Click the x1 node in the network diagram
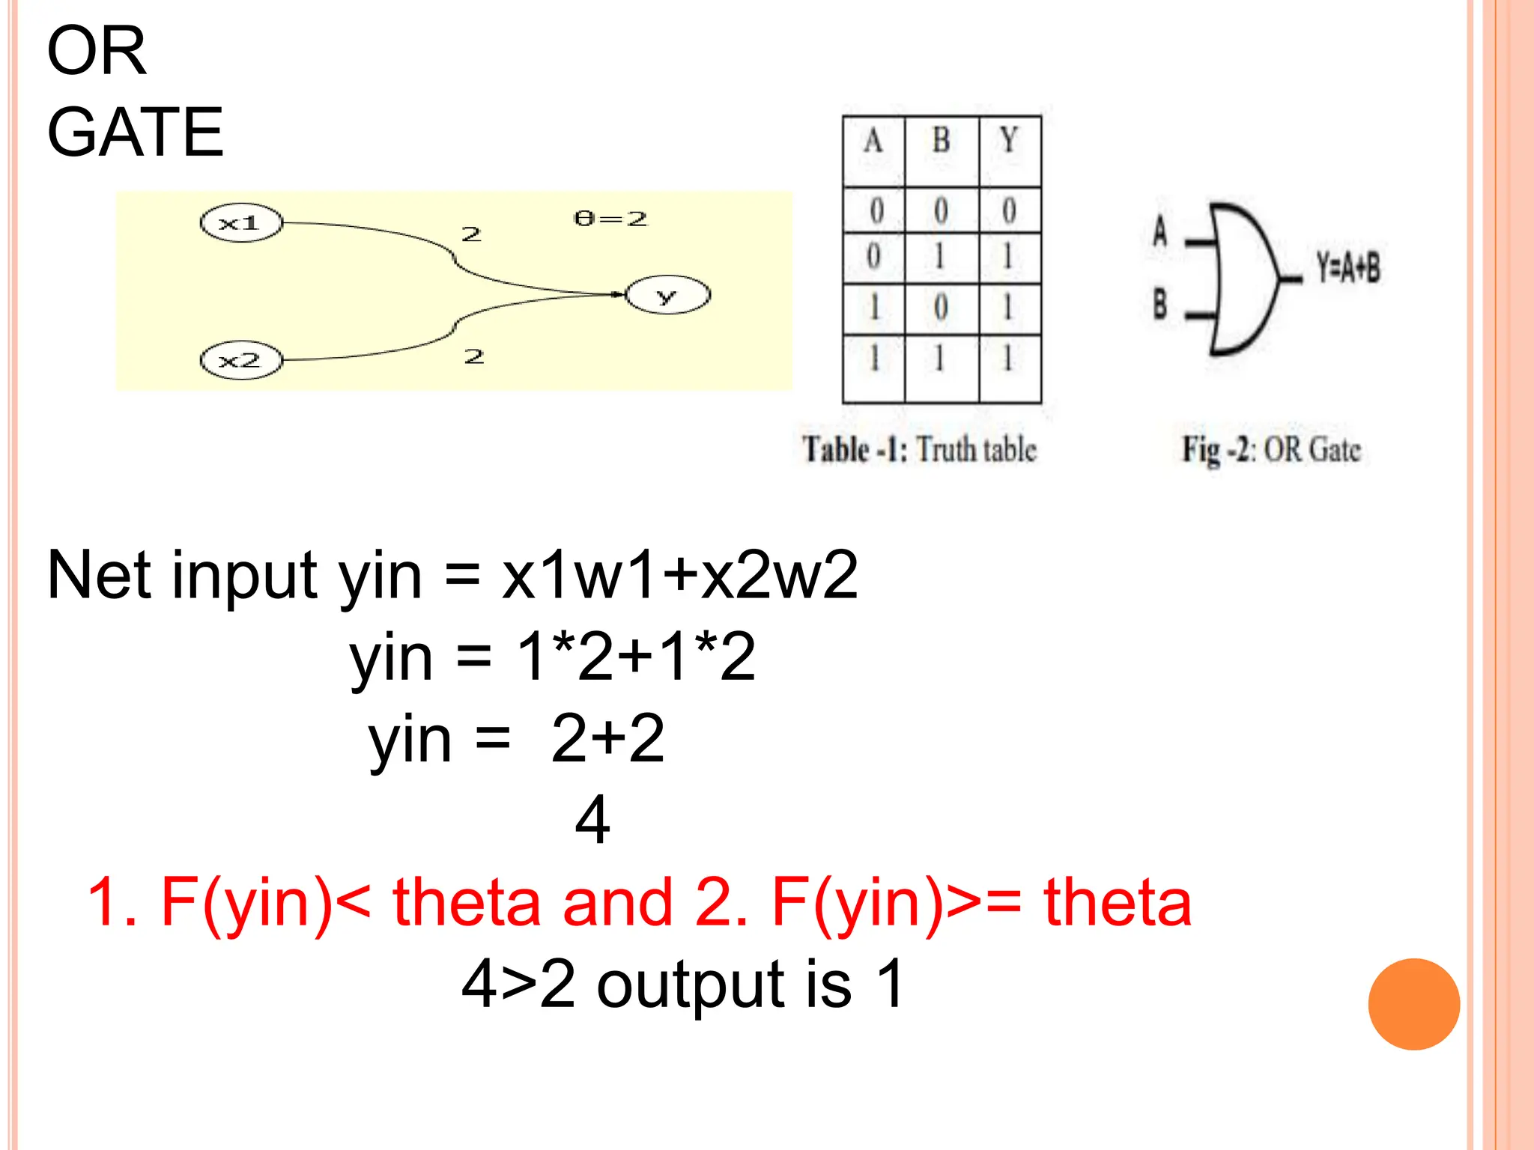click(x=241, y=223)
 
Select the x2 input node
click(x=241, y=360)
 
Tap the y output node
click(x=667, y=295)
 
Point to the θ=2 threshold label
click(x=610, y=219)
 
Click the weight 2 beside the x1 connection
click(x=471, y=234)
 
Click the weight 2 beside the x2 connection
click(x=474, y=356)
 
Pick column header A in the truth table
click(x=873, y=142)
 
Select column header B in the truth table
click(x=941, y=142)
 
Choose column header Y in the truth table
click(x=1009, y=142)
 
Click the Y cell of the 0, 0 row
click(x=1009, y=210)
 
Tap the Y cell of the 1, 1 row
click(x=1009, y=358)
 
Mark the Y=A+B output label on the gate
click(x=1348, y=267)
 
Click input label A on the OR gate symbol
click(x=1159, y=231)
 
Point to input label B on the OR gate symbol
click(x=1159, y=304)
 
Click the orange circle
click(x=1413, y=1004)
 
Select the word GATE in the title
click(x=136, y=133)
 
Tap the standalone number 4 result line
click(x=592, y=820)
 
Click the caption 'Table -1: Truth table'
click(x=920, y=449)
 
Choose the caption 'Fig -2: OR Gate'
click(x=1271, y=450)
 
